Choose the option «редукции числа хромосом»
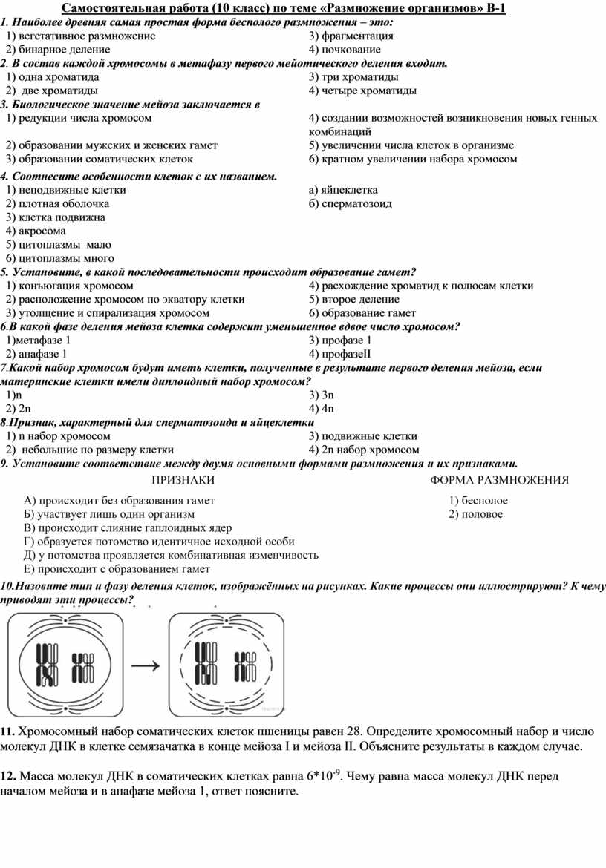click(x=83, y=118)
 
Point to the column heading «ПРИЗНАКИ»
click(x=177, y=480)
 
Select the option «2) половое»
click(x=475, y=514)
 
